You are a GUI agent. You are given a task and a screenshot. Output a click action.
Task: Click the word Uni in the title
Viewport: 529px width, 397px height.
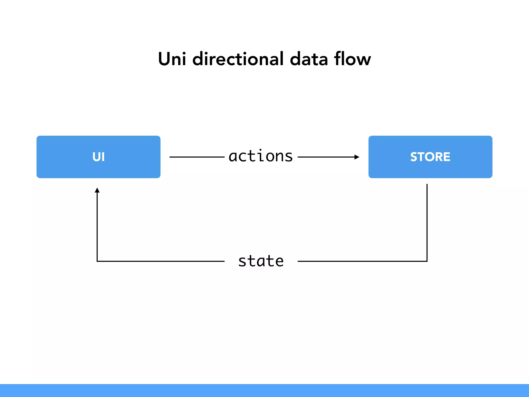click(x=172, y=59)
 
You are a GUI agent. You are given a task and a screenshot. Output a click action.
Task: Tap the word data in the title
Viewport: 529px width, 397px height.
click(x=309, y=59)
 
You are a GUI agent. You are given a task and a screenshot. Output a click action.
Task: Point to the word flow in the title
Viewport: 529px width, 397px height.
click(x=352, y=59)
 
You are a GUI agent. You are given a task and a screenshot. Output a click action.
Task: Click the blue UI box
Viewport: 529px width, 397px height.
click(x=98, y=157)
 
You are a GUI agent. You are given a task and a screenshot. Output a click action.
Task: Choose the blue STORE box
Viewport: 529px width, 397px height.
click(x=430, y=157)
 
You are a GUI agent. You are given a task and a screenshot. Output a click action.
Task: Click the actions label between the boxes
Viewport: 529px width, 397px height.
click(x=261, y=156)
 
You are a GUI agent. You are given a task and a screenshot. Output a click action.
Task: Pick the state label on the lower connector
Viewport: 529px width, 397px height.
click(x=261, y=261)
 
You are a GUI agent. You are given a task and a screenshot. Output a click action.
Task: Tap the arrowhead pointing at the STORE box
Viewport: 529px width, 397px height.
click(x=357, y=157)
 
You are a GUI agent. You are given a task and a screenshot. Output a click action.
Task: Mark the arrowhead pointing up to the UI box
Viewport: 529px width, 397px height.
click(x=97, y=190)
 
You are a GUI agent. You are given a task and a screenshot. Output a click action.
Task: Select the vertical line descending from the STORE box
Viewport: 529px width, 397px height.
click(x=427, y=222)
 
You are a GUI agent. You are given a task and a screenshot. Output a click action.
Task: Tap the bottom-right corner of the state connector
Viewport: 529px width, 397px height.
click(x=427, y=261)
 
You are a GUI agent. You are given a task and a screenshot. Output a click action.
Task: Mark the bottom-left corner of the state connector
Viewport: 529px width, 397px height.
click(x=97, y=261)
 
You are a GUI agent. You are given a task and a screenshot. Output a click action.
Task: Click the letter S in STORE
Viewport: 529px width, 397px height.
click(x=414, y=157)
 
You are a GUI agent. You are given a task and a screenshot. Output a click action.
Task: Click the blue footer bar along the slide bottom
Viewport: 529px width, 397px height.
click(x=264, y=391)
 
